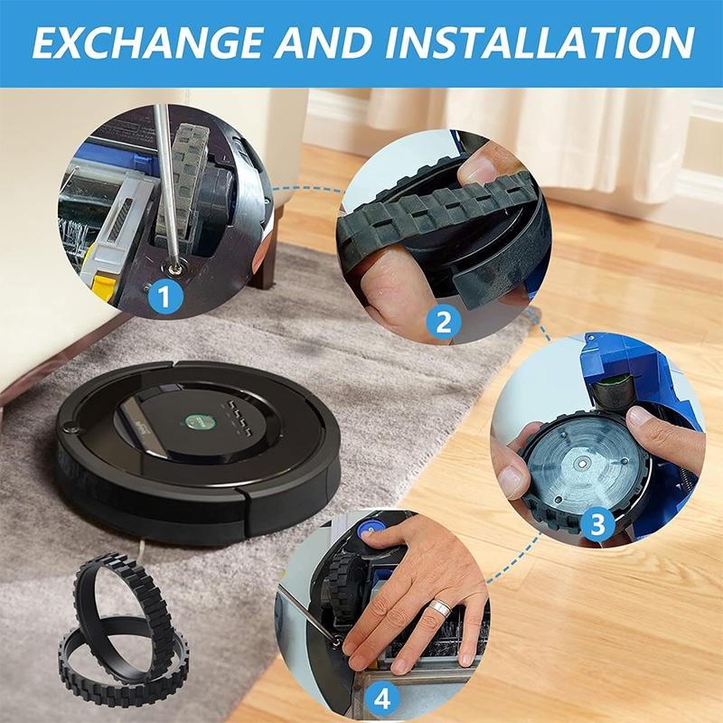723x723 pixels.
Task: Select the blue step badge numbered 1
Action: (x=165, y=295)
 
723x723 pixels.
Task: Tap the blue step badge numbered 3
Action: (x=597, y=522)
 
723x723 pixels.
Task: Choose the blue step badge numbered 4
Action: (x=383, y=698)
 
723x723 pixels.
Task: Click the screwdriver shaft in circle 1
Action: (x=164, y=181)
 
